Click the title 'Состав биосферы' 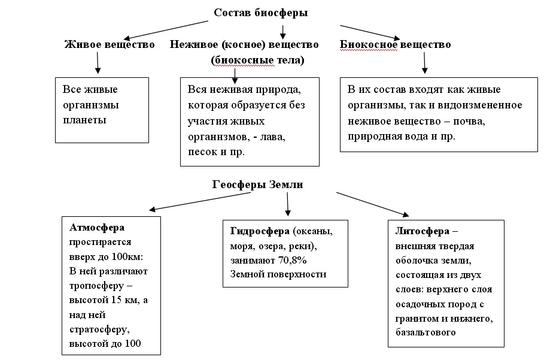[x=260, y=13]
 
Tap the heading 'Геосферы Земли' [x=257, y=184]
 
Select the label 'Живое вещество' [x=110, y=44]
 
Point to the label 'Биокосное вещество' [x=395, y=44]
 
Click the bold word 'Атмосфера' [x=97, y=228]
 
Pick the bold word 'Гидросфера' [x=260, y=231]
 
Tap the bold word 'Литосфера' [x=423, y=231]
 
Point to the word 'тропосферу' [x=96, y=286]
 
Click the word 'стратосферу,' [x=99, y=329]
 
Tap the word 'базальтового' [x=426, y=332]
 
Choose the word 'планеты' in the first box [x=84, y=120]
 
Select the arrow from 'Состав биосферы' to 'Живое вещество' [x=166, y=30]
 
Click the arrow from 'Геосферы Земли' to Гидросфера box [x=288, y=204]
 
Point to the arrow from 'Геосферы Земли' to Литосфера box [x=373, y=204]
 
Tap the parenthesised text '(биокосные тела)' [x=257, y=60]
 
